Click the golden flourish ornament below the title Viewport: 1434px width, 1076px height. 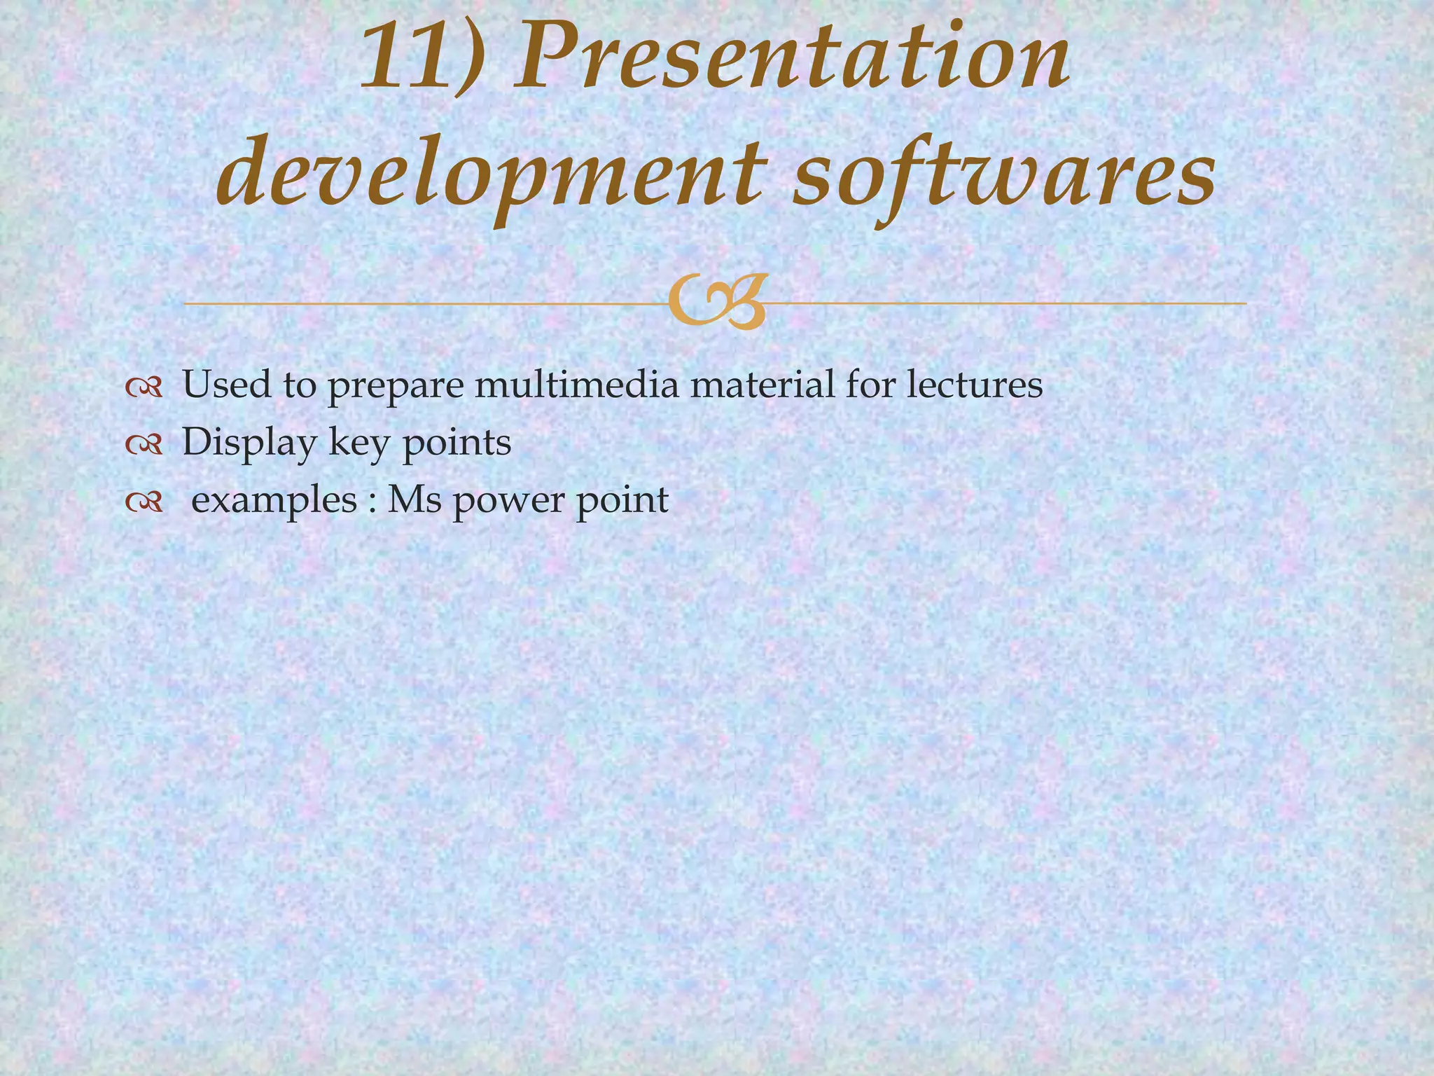click(716, 303)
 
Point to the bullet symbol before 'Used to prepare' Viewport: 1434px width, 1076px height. click(144, 387)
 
